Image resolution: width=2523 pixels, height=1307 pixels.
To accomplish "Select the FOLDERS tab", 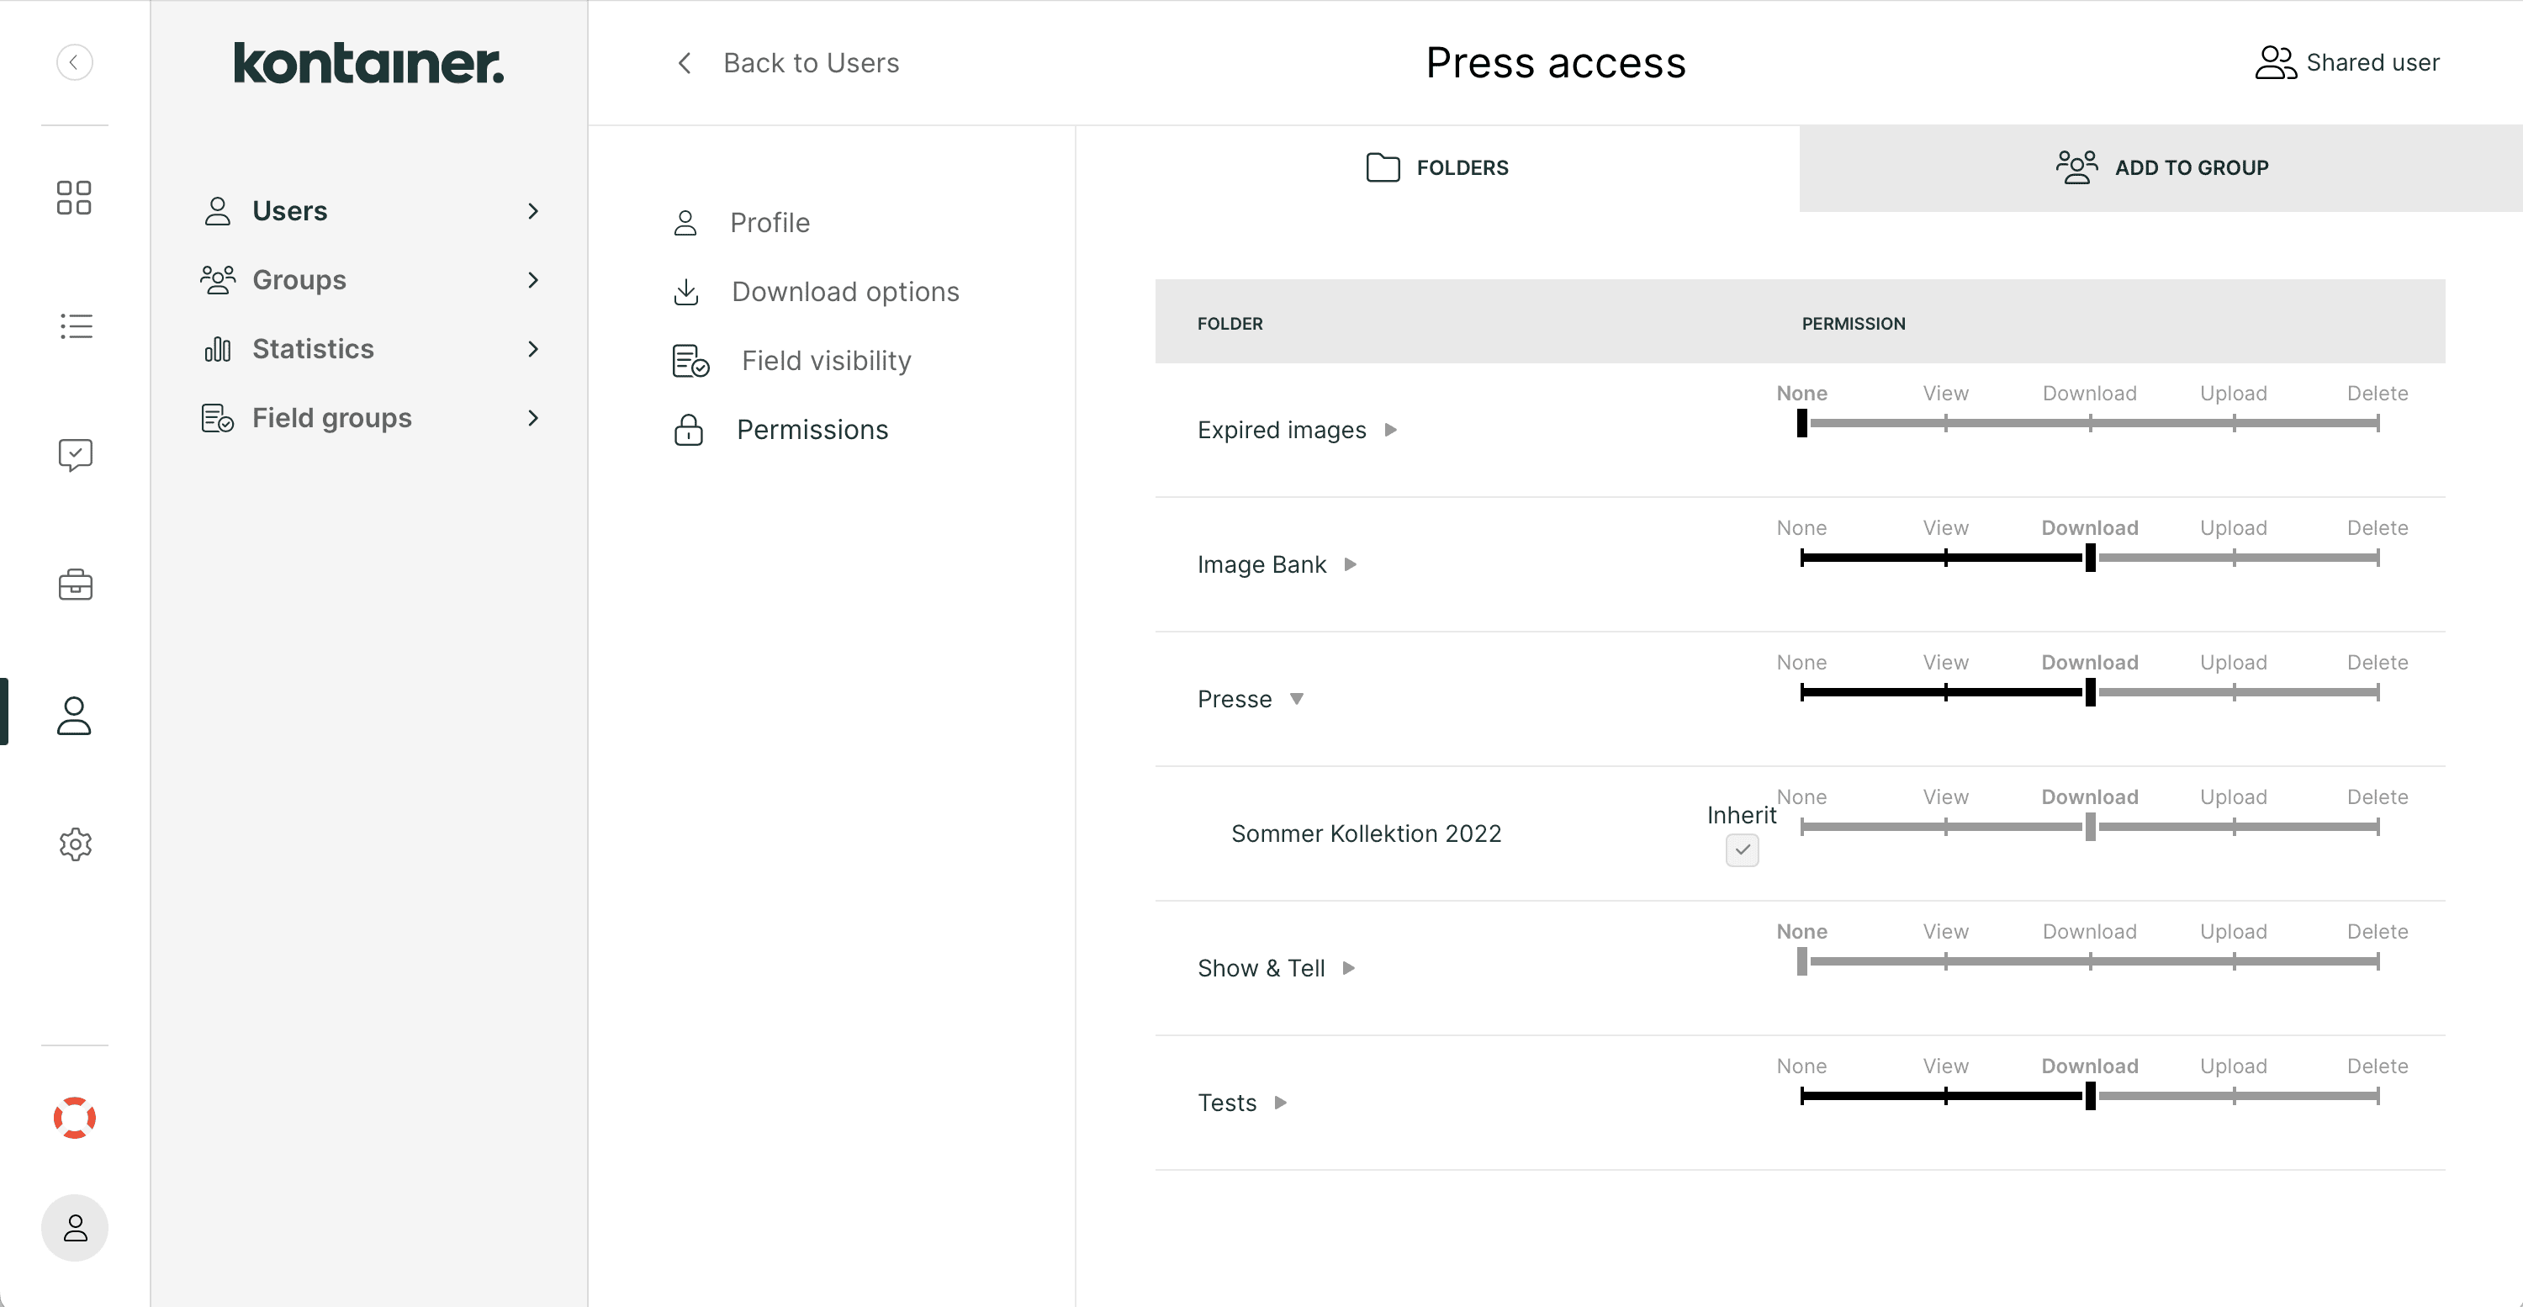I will pos(1436,167).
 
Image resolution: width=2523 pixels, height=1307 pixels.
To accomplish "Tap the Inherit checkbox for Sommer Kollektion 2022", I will pos(1742,849).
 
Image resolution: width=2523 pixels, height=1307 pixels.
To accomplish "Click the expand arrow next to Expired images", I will pos(1390,430).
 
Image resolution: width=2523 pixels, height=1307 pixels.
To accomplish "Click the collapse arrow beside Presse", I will pos(1296,700).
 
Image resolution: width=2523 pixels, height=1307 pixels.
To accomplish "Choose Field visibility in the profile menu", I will pos(826,361).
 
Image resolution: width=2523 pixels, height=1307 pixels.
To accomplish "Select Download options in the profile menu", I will pos(844,292).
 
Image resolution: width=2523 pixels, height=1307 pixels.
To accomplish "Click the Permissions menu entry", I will pos(812,430).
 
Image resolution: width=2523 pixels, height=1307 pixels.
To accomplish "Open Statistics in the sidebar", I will pos(313,349).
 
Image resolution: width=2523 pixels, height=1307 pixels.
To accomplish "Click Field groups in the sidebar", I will pos(331,418).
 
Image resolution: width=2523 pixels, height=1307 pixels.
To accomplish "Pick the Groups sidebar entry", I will pos(299,280).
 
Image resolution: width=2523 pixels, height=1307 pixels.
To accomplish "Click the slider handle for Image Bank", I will pos(2090,558).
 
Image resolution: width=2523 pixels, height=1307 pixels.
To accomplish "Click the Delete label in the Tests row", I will pos(2377,1066).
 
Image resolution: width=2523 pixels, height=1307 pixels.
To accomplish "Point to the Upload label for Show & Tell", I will pos(2233,932).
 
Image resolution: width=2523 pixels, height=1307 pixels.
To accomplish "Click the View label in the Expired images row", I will pos(1945,394).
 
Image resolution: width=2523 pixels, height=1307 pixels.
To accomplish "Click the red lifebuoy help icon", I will pos(75,1118).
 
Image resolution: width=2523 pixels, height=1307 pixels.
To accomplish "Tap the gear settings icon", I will pos(75,844).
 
